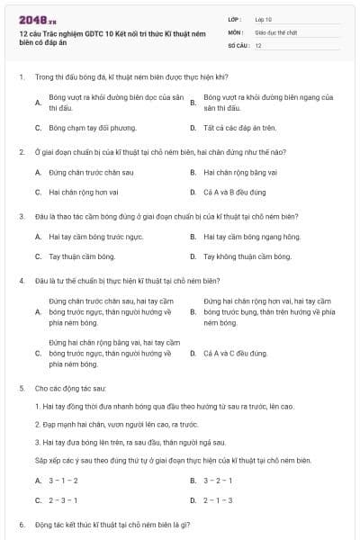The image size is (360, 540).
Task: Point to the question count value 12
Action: (258, 45)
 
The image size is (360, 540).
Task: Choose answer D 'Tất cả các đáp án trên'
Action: (240, 128)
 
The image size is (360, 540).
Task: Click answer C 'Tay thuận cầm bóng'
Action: (81, 256)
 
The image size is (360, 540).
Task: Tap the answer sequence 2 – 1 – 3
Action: (218, 499)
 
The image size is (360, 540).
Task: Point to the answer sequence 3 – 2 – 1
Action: (218, 481)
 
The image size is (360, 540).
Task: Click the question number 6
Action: (21, 524)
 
